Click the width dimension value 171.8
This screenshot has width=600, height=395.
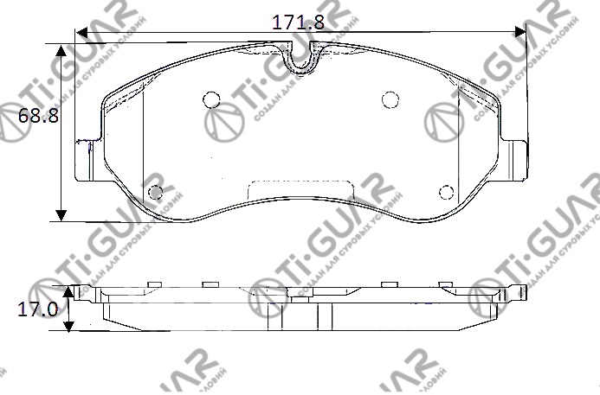point(298,22)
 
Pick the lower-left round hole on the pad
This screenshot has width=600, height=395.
point(156,191)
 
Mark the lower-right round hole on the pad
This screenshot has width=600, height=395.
point(446,191)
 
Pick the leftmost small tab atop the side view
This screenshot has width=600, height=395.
point(155,284)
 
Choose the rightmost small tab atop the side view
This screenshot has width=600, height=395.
point(446,284)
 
